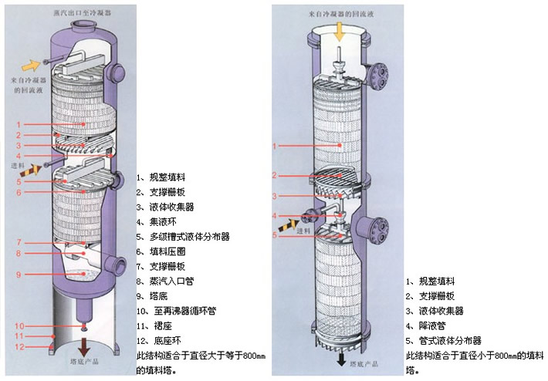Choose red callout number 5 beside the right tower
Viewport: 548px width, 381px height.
275,234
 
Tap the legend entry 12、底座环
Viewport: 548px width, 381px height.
159,341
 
